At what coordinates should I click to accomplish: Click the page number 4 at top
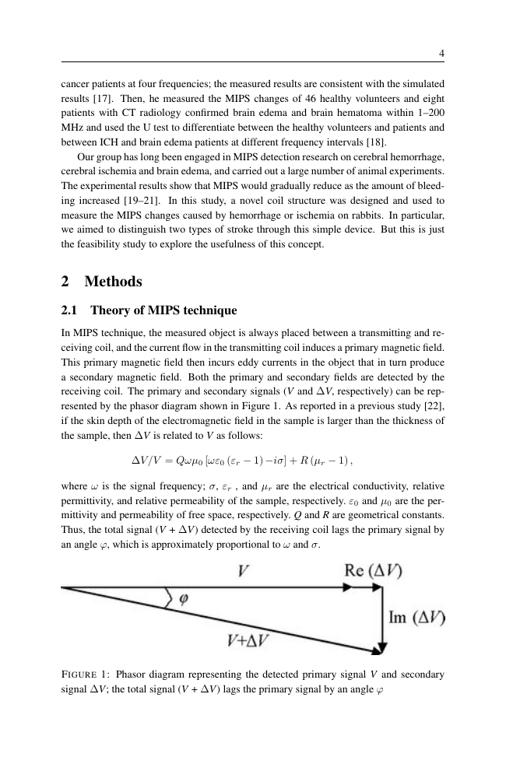[x=441, y=54]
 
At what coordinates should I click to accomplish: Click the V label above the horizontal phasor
[x=244, y=570]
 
